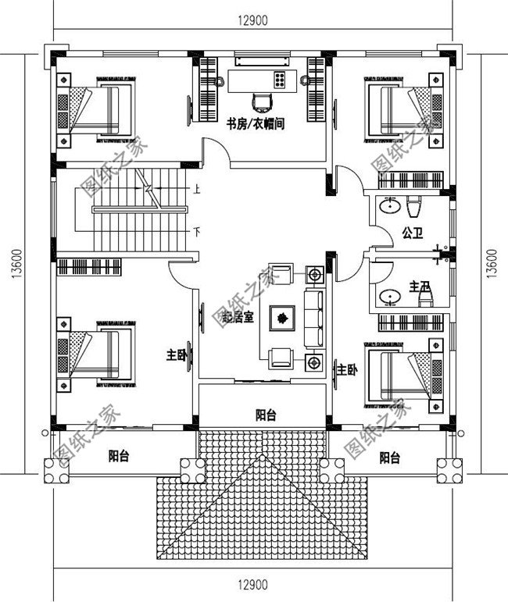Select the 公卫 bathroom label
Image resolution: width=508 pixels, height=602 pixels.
413,232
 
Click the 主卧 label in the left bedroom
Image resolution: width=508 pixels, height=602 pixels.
177,355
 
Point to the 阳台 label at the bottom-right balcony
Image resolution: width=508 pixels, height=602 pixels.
391,458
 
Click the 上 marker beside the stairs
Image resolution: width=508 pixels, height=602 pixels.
197,189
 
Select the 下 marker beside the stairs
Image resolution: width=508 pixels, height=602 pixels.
197,232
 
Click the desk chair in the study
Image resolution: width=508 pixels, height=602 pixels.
263,101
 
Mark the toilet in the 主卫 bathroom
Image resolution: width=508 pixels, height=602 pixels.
423,298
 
